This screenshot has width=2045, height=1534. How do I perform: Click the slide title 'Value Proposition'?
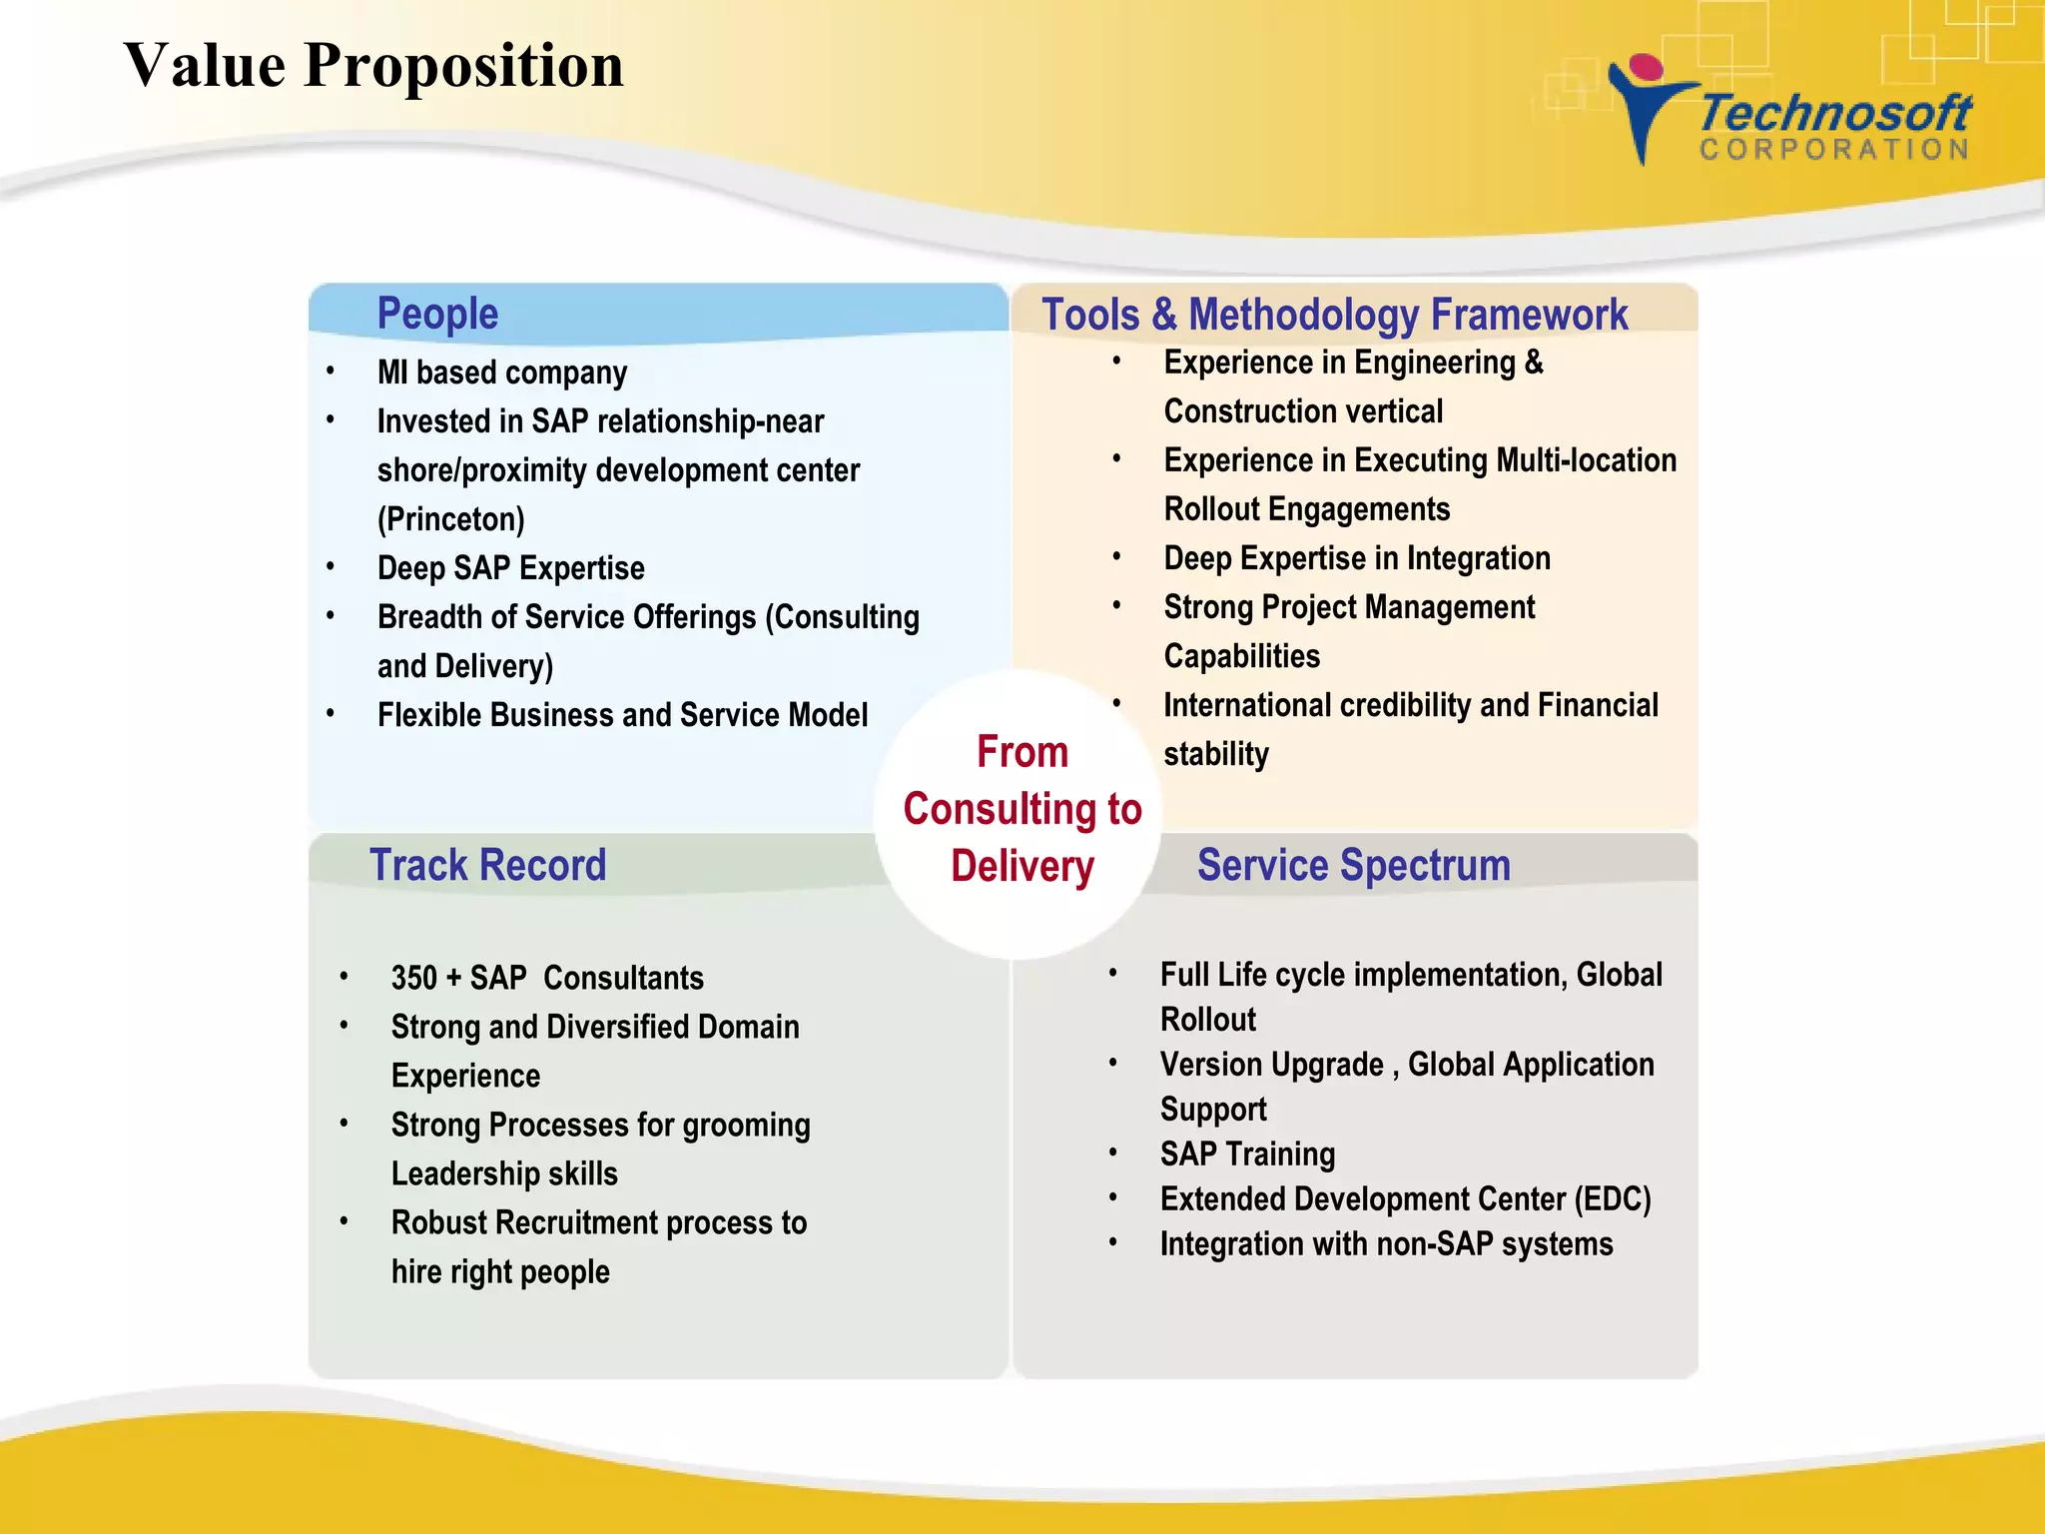coord(373,66)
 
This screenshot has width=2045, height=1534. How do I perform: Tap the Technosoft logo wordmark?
coord(1835,113)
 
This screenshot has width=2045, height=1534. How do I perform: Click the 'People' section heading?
coord(437,314)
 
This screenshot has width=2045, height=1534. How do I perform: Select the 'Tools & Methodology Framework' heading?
coord(1334,315)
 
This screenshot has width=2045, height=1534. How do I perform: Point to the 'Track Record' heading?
coord(488,865)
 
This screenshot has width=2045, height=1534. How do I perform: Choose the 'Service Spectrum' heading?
coord(1353,865)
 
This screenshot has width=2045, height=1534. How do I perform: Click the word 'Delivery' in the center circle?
coord(1022,866)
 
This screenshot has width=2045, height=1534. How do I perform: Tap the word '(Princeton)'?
coord(451,519)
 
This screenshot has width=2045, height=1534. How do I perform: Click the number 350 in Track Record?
coord(413,978)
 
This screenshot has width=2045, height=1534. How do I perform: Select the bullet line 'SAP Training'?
coord(1247,1154)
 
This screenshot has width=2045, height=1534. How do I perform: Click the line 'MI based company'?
coord(502,373)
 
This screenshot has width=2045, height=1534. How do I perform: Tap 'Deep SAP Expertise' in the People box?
coord(511,568)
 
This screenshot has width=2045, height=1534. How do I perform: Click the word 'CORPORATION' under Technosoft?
coord(1835,150)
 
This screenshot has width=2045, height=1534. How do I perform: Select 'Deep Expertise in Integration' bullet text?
coord(1357,558)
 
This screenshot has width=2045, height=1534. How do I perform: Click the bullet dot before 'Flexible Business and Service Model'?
coord(331,714)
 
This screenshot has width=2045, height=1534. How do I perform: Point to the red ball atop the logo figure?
coord(1646,67)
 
